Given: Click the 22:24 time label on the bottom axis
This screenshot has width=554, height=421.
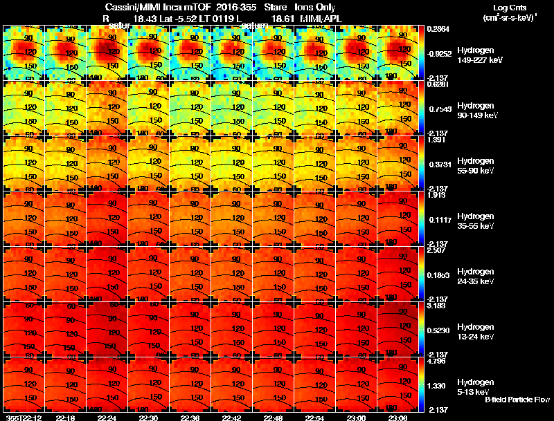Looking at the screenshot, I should tap(107, 417).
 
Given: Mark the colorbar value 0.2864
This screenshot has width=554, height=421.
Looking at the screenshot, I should tap(438, 30).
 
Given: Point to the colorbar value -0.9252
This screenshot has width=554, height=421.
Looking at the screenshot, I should tap(440, 53).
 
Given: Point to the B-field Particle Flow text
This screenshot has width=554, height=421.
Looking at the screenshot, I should tap(517, 400).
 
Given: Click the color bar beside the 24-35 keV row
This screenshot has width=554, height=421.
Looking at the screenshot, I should tap(425, 274).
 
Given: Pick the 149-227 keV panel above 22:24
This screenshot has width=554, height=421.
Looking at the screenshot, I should tap(107, 53).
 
